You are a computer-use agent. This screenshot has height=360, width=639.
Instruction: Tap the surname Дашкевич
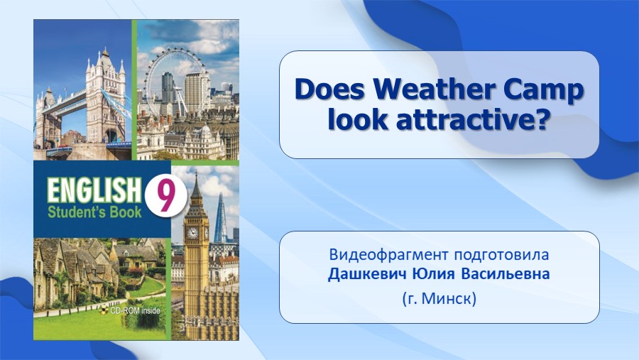tap(367, 274)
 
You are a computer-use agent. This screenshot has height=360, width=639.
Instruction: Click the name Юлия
tap(433, 273)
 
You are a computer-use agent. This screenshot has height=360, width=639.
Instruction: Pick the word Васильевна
tap(506, 273)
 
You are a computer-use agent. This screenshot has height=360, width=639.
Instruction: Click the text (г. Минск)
tap(439, 299)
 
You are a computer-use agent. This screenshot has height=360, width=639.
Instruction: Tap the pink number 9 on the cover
tap(165, 197)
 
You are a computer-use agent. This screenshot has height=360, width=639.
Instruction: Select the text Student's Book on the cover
tap(94, 212)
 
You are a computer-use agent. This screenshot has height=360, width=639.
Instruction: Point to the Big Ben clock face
tap(192, 233)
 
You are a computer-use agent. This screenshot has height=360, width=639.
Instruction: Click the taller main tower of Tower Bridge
tap(105, 97)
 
